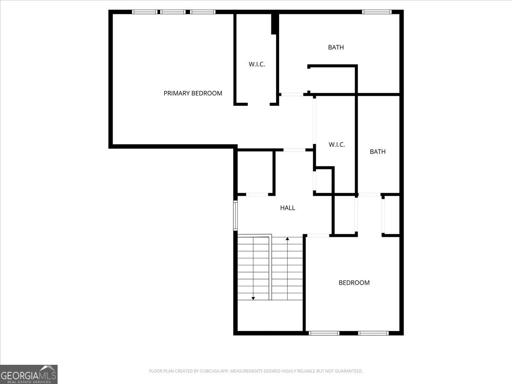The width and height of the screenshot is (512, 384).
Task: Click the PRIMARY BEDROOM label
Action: (193, 93)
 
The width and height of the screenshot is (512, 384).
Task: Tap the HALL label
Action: (288, 208)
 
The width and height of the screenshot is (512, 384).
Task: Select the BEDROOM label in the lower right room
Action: (354, 282)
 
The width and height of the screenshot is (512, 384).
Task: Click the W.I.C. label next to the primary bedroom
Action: (257, 64)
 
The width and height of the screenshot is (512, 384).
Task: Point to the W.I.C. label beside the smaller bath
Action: (337, 145)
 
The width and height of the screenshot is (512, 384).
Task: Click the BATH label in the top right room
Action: (336, 47)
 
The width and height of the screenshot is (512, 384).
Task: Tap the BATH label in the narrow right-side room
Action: (378, 151)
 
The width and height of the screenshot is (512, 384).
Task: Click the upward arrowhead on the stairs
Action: (288, 239)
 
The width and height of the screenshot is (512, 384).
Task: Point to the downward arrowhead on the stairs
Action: (253, 298)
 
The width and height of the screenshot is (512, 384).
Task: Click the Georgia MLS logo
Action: (29, 374)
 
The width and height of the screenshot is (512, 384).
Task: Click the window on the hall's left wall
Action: (235, 215)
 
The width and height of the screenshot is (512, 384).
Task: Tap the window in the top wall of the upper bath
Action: (376, 12)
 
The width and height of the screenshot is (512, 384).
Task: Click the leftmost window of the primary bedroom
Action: (145, 12)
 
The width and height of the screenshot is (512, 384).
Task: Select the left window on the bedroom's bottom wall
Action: (324, 333)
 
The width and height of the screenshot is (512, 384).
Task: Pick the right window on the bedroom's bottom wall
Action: (373, 333)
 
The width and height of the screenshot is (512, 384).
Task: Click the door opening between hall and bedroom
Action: (318, 235)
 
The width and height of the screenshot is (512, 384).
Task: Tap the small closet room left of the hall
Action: (255, 172)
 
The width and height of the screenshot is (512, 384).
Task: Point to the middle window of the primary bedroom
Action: (173, 12)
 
